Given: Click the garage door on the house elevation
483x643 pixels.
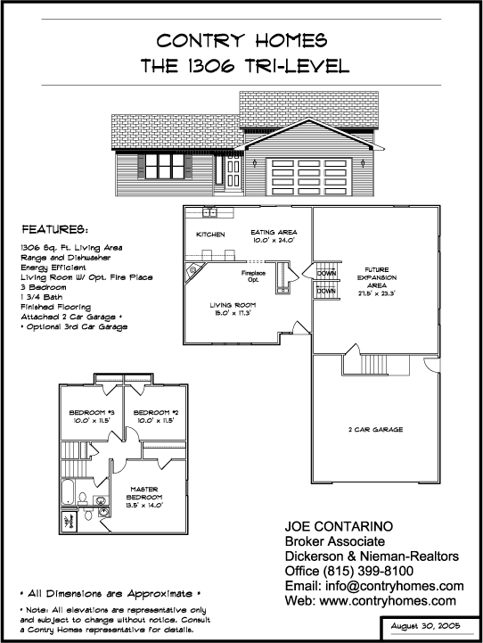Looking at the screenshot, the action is point(309,177).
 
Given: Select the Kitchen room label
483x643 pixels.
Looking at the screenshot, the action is point(210,235).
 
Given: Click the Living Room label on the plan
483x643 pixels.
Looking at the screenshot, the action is point(233,309).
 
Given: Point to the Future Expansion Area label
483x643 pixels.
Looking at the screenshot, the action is point(376,281).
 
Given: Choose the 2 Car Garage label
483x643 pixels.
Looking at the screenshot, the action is point(376,430).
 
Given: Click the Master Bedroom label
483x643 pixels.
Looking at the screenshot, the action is point(144,497).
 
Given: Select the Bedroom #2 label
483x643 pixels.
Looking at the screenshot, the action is point(156,416).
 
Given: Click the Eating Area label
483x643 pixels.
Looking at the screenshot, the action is point(274,236).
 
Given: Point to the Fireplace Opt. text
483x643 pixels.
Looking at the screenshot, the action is point(253,276).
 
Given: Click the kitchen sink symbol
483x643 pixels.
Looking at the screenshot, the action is point(209,212).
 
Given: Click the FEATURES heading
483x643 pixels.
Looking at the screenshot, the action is point(54,229).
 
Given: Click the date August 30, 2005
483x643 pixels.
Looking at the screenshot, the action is point(425,626).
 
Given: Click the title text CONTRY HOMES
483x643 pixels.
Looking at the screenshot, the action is point(241,41).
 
